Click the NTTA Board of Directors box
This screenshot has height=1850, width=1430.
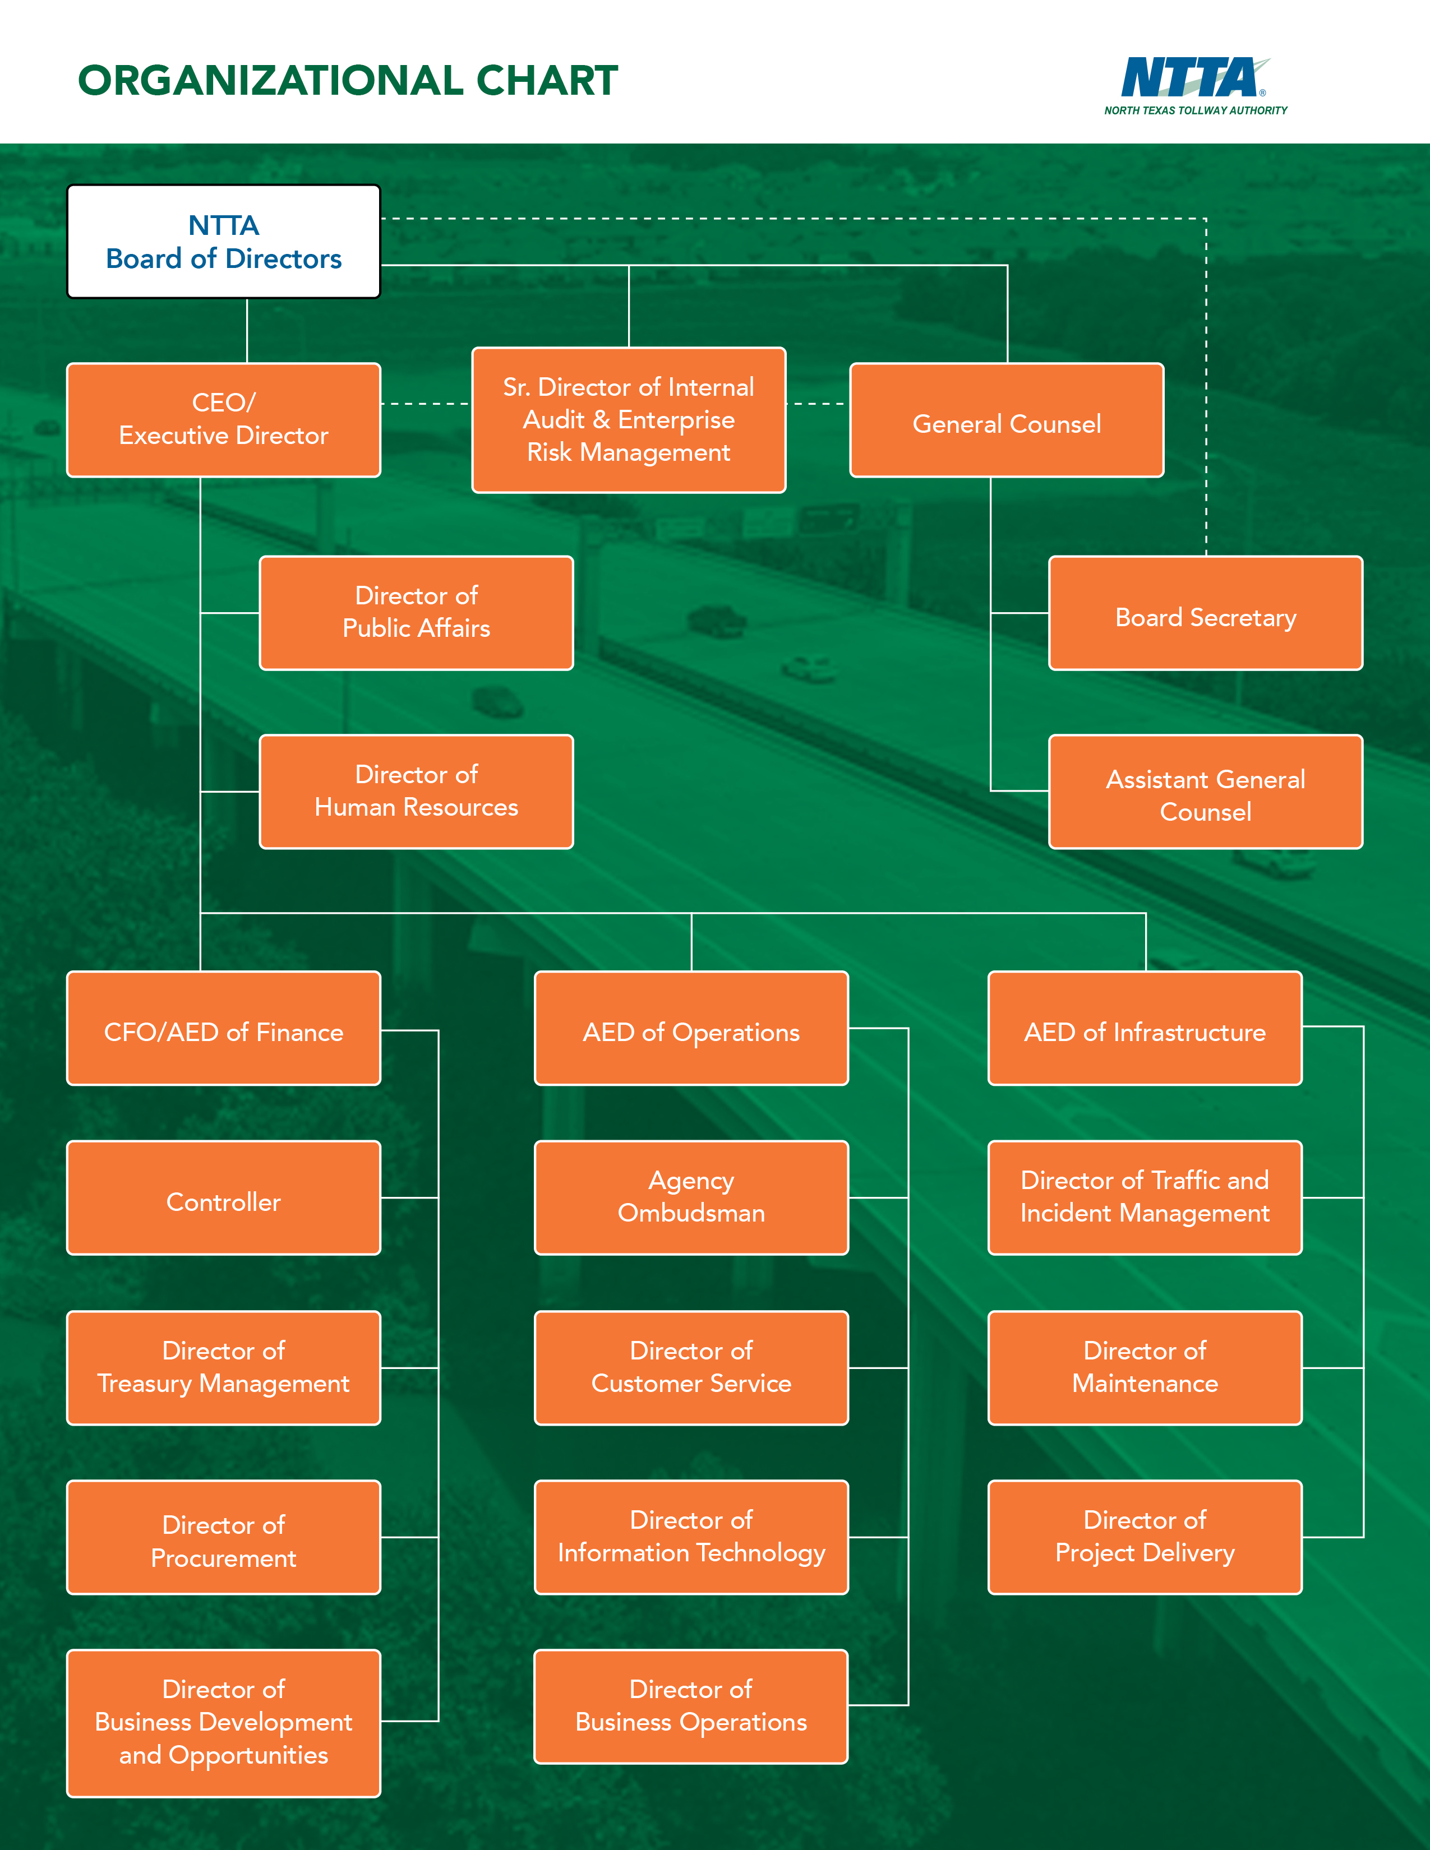click(224, 242)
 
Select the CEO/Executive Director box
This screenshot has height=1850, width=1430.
click(224, 419)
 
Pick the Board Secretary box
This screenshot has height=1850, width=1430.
click(1206, 613)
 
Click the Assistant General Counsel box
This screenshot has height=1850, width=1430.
click(1206, 792)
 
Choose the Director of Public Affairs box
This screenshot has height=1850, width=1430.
click(416, 612)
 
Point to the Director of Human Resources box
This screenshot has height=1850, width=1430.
click(416, 791)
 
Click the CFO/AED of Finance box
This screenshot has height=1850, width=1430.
click(224, 1028)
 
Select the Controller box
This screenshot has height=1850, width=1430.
click(224, 1198)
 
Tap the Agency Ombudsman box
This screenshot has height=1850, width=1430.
click(691, 1198)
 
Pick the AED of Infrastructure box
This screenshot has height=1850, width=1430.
click(1145, 1028)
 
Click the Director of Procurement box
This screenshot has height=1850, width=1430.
click(224, 1537)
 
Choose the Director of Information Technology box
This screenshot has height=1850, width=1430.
click(691, 1537)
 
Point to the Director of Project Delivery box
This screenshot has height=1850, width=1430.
click(1145, 1537)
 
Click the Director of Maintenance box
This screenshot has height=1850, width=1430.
click(1145, 1367)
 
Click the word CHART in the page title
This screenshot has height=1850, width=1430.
click(547, 81)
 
